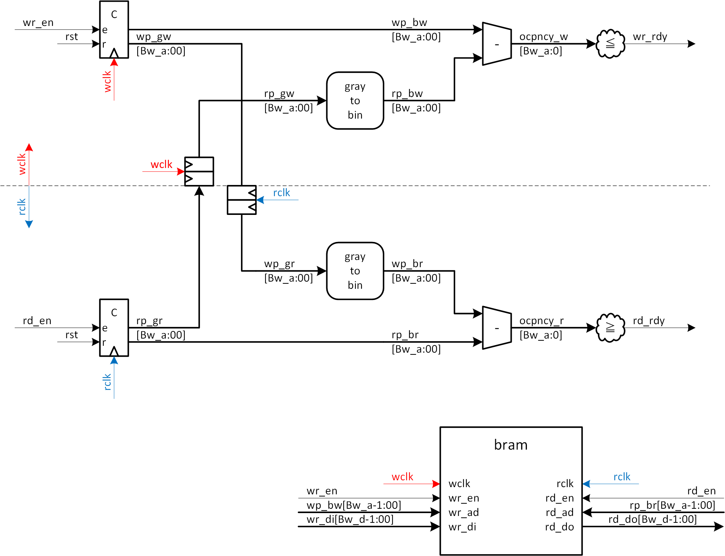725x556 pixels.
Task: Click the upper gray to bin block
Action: [x=355, y=101]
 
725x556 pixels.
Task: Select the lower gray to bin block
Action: [x=355, y=271]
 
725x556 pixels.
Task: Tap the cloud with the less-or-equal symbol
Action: [x=610, y=44]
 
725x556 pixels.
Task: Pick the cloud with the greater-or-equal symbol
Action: [x=610, y=327]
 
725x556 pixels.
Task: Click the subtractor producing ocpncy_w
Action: [x=497, y=44]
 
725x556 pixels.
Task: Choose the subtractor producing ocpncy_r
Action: [x=497, y=328]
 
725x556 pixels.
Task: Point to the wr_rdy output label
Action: [x=650, y=37]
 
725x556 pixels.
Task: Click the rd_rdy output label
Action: [x=648, y=321]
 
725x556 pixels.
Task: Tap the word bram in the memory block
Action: [x=511, y=445]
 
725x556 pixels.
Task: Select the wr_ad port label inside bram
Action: [x=464, y=512]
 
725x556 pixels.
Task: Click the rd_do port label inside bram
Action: [x=559, y=527]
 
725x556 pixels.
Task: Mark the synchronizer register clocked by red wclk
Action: [x=199, y=172]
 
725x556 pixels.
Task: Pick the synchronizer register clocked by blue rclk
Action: [x=242, y=200]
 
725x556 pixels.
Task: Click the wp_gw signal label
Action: [x=153, y=37]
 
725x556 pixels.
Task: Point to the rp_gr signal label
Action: [x=149, y=321]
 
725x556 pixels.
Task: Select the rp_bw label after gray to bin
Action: [x=407, y=94]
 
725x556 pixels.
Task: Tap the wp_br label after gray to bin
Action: [x=407, y=264]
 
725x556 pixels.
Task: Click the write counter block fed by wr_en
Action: [x=114, y=30]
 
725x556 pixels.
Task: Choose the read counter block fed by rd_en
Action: [x=114, y=328]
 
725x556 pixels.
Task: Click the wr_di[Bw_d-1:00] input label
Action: [x=350, y=519]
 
